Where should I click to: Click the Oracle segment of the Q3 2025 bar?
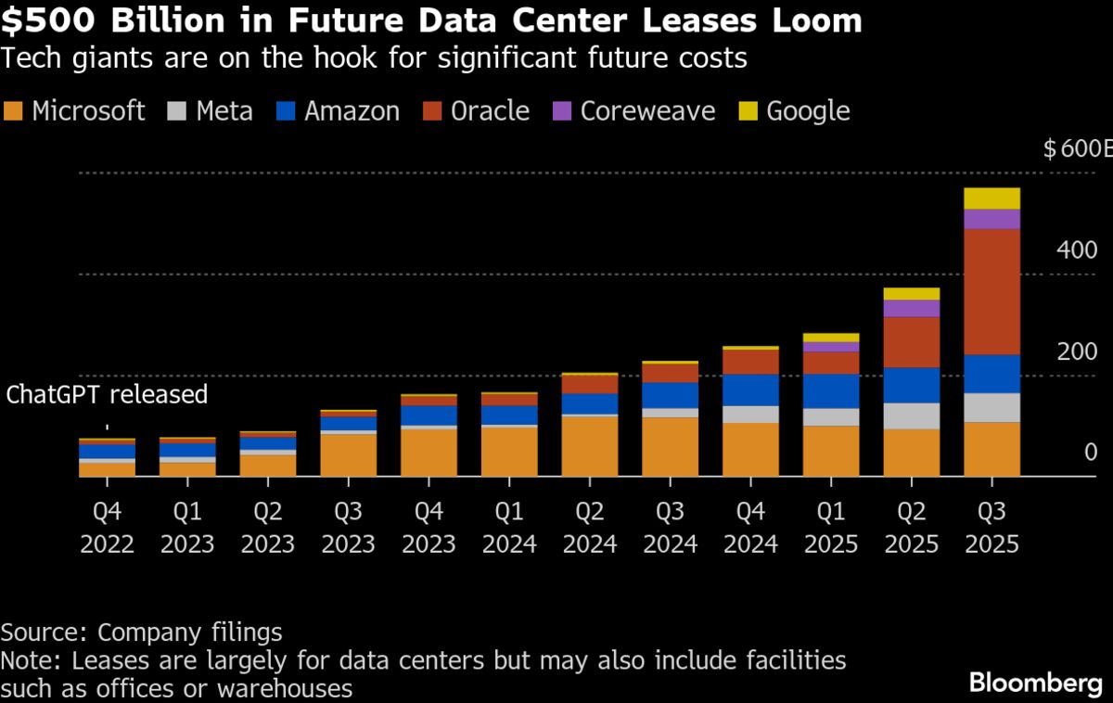tap(991, 291)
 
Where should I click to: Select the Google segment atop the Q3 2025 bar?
tap(991, 198)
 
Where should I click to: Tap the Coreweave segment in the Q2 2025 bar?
tap(911, 308)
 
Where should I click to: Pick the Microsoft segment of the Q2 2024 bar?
tap(589, 445)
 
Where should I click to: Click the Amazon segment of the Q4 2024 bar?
tap(750, 390)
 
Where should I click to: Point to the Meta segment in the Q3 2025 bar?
tap(991, 407)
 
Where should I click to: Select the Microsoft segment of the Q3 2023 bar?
tap(348, 454)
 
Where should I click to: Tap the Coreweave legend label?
tap(647, 111)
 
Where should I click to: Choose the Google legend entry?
tap(807, 111)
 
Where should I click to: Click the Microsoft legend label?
tap(88, 111)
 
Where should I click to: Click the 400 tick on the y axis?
tap(1078, 250)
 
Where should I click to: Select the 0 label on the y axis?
tap(1091, 453)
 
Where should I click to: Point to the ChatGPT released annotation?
tap(107, 394)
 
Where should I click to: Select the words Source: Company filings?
tap(141, 633)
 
